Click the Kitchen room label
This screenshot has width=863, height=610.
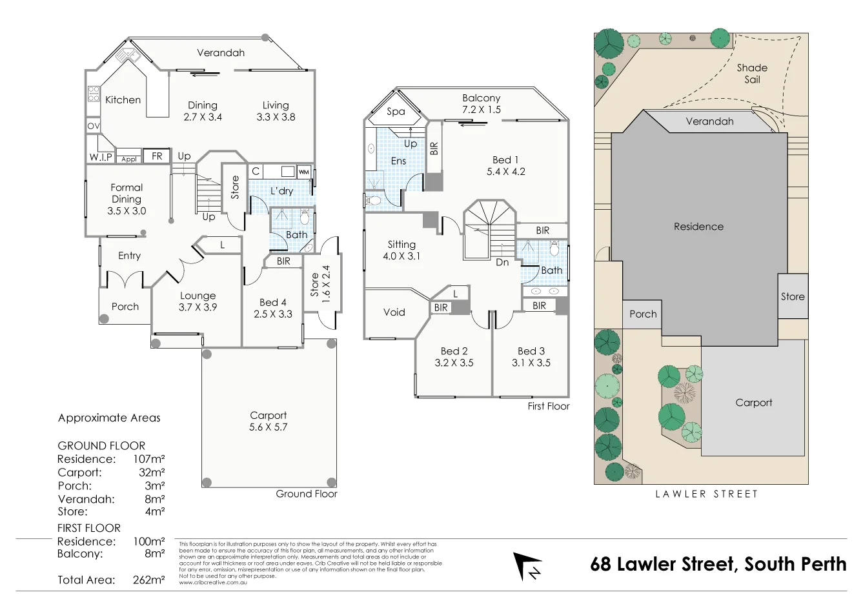click(123, 100)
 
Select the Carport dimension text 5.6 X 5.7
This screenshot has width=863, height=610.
click(268, 427)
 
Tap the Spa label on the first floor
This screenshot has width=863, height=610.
click(396, 112)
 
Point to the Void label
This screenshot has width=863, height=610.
click(394, 312)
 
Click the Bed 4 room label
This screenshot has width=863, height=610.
click(272, 302)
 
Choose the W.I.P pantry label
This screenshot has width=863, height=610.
click(101, 158)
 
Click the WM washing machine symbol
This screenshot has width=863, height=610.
click(303, 172)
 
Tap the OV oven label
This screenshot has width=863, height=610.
click(93, 126)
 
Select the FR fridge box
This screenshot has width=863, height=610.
click(157, 156)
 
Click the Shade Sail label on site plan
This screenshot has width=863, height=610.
click(752, 74)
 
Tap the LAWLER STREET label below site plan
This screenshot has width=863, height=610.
click(706, 494)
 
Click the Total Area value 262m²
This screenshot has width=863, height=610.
click(148, 580)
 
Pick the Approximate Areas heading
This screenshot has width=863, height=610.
click(109, 418)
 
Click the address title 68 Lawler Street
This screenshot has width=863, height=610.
click(718, 564)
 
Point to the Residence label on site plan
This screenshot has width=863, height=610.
click(698, 227)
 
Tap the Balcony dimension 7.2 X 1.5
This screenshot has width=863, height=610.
click(481, 110)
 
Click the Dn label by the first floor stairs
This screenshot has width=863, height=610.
click(502, 262)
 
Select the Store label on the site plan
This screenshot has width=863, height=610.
click(793, 297)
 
